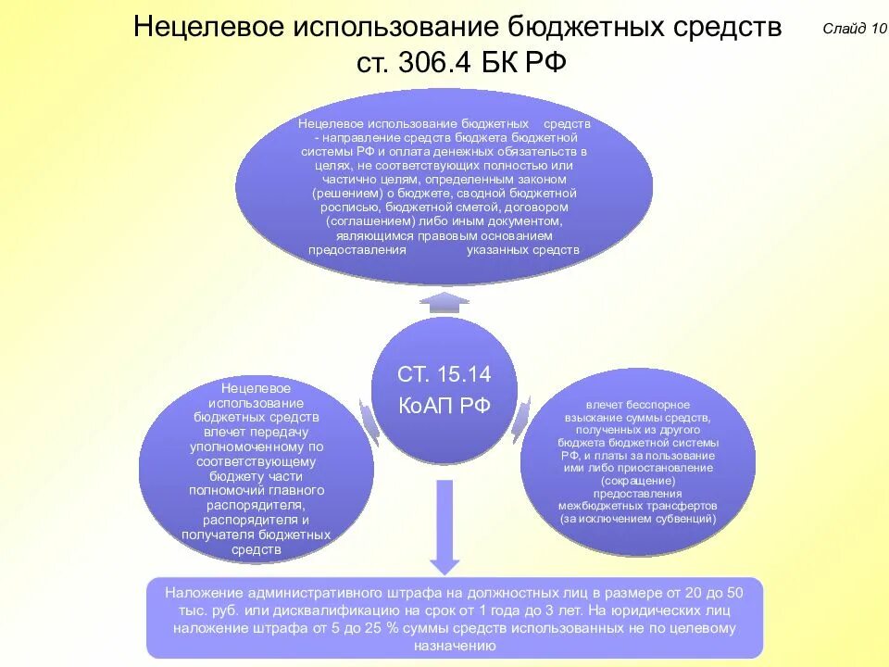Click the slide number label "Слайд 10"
855,28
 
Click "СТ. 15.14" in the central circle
444,374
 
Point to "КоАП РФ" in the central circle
444,406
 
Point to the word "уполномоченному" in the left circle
257,446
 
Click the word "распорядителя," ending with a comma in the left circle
257,505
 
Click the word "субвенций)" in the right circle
686,519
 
